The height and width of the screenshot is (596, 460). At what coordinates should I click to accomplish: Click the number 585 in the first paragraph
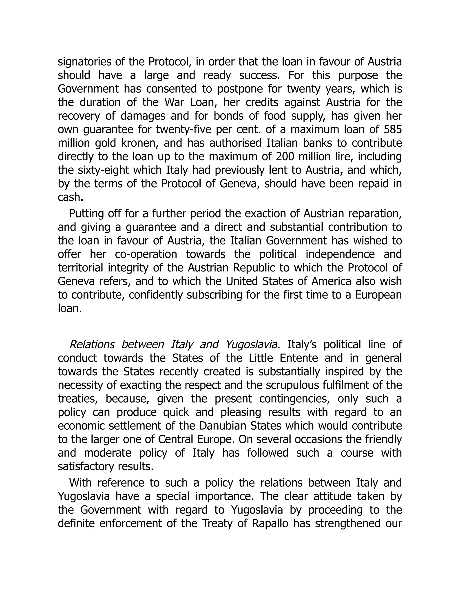(393, 129)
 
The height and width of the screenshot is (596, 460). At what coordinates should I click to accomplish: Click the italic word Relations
(92, 345)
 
